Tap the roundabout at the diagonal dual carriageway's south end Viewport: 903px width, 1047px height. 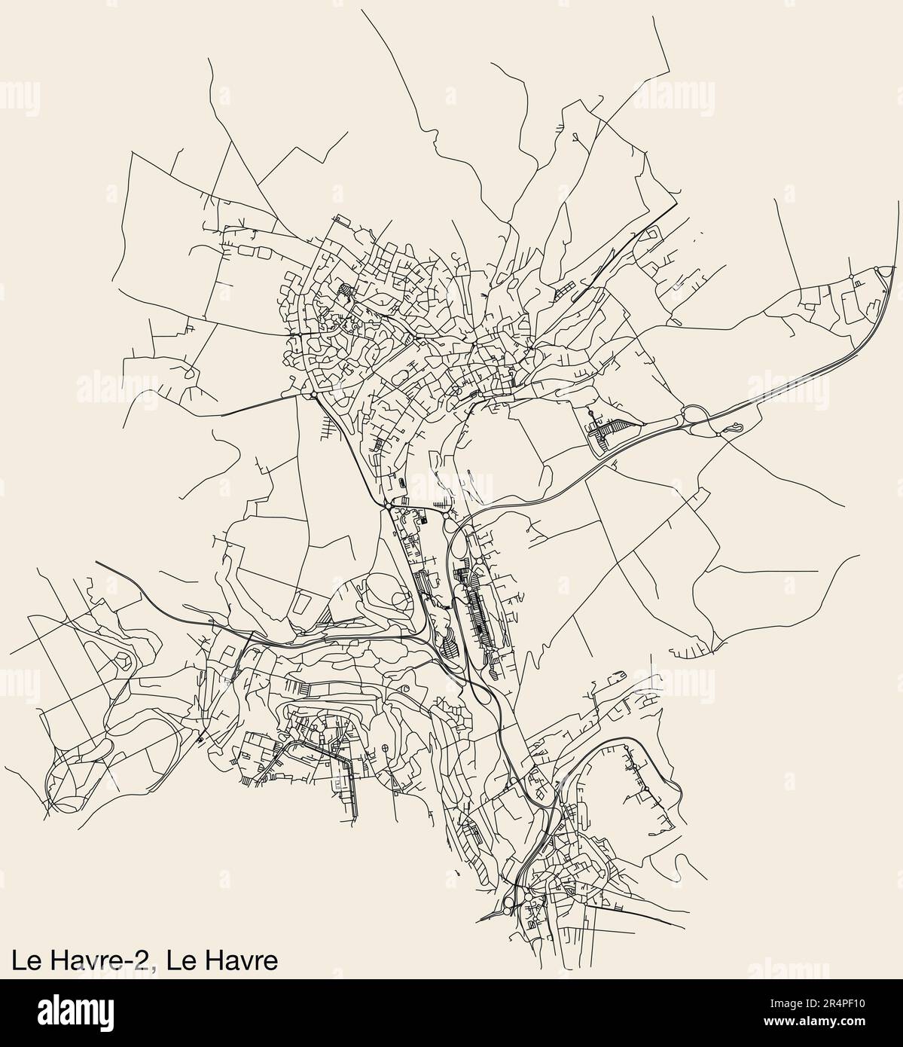386,507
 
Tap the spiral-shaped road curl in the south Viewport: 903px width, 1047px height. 406,688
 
